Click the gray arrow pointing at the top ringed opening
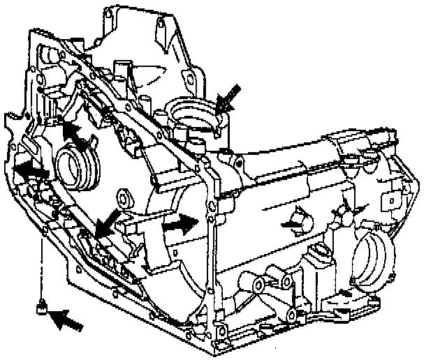pos(230,97)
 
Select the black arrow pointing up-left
pos(74,134)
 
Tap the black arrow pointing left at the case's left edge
pos(31,170)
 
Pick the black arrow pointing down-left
pos(107,224)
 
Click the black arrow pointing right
pos(178,224)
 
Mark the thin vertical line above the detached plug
pos(43,265)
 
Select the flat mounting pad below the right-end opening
pos(349,301)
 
